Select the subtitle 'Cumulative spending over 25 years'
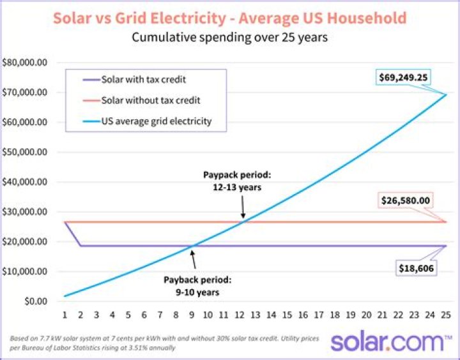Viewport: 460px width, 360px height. pos(229,37)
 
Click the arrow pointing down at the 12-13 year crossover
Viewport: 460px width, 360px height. pos(243,207)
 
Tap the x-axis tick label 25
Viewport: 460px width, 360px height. pos(445,315)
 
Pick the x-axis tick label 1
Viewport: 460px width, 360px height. pos(65,315)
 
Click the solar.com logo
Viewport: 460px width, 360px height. pos(390,341)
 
